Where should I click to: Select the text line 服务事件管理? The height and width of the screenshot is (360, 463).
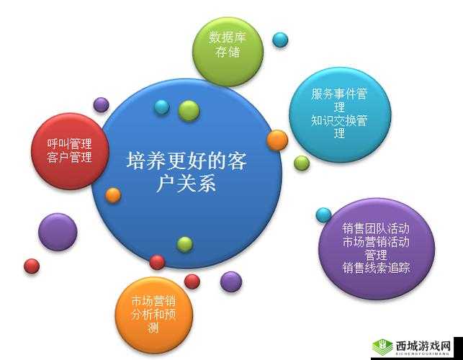click(x=340, y=94)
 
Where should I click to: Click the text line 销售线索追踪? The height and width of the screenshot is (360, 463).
click(x=377, y=268)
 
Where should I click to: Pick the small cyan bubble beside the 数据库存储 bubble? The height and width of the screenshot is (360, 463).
click(x=280, y=39)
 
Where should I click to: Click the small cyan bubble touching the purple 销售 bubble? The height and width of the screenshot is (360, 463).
click(x=324, y=215)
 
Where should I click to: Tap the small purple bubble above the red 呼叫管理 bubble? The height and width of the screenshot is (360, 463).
click(x=102, y=104)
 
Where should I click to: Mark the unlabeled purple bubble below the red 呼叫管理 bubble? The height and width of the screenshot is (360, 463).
click(x=58, y=232)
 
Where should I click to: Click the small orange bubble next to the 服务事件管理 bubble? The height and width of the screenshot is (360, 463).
click(x=277, y=140)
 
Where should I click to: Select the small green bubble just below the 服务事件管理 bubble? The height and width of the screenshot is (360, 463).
click(x=302, y=163)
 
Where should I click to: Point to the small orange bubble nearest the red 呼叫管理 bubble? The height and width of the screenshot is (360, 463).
click(x=113, y=194)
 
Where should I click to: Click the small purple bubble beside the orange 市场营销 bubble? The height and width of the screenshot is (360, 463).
click(x=230, y=281)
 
